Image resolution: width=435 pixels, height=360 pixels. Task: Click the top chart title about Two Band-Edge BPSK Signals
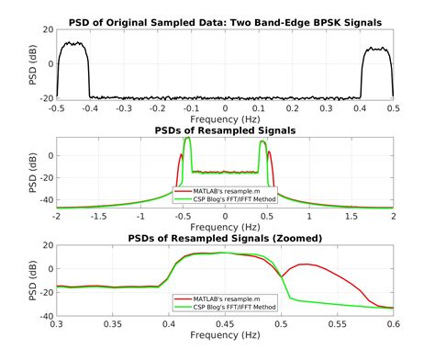[225, 20]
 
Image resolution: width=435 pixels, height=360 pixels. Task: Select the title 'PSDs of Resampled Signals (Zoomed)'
[225, 240]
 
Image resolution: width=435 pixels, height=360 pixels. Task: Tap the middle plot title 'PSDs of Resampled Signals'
[225, 130]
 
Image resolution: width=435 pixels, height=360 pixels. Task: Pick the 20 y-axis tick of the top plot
[46, 29]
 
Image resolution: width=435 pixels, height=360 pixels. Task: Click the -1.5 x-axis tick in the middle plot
[98, 218]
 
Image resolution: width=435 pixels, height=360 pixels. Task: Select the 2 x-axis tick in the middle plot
[393, 218]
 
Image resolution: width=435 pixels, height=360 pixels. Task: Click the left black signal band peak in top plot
[72, 43]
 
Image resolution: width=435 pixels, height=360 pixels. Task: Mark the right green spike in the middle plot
[264, 141]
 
